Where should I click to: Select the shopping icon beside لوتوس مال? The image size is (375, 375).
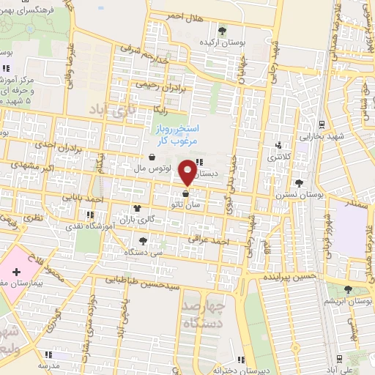tap(152, 156)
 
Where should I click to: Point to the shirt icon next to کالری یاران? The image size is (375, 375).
tap(137, 208)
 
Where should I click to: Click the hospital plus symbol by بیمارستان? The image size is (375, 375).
tap(17, 271)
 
